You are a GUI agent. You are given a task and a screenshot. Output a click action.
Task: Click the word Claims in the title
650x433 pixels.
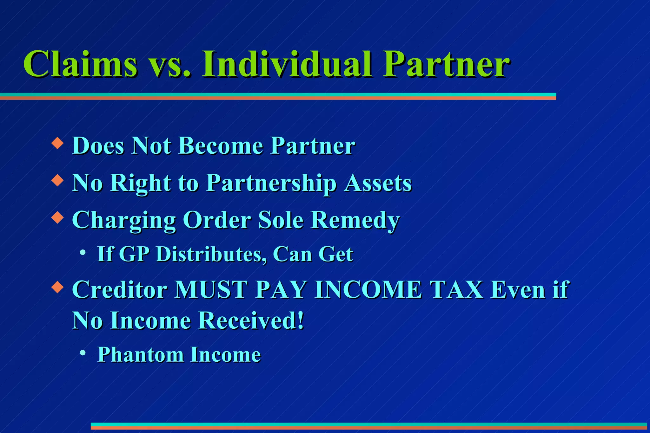coord(81,64)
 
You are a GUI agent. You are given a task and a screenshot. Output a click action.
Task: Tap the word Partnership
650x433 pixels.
coord(271,184)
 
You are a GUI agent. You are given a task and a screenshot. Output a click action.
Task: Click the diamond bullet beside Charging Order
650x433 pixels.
coord(57,217)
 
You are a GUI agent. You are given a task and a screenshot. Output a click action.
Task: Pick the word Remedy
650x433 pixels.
coord(355,220)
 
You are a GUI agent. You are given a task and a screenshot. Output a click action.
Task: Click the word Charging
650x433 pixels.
coord(124,221)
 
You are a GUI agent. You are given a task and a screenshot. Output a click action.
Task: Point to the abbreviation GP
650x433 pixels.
coord(134,254)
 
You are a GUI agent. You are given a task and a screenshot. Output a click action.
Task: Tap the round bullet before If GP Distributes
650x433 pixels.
coord(83,253)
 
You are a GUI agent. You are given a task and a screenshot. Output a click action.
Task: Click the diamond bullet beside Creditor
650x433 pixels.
coord(57,287)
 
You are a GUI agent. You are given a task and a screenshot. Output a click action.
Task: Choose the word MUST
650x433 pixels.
coord(211,290)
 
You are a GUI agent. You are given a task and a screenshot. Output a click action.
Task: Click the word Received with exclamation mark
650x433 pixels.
coord(251,321)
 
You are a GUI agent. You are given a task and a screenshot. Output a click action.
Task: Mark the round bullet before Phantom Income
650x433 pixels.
coord(83,352)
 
